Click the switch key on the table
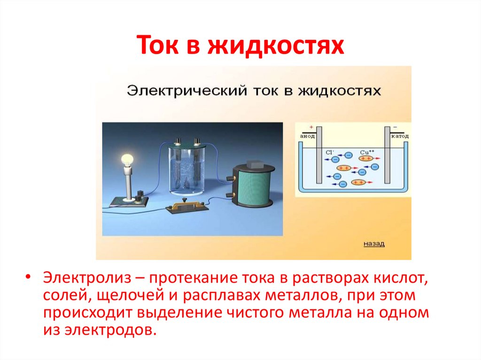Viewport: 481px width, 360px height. [x=185, y=205]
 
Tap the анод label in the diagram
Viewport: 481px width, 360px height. [x=306, y=136]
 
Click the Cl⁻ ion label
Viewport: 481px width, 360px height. [x=330, y=152]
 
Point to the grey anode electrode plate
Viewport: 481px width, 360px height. [x=319, y=155]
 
